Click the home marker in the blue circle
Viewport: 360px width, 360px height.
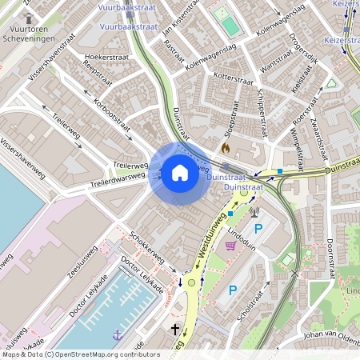coord(179,173)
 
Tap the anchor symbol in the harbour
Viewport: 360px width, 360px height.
coord(118,334)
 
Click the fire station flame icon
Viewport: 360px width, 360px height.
coord(226,148)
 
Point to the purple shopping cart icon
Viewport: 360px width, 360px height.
coord(231,245)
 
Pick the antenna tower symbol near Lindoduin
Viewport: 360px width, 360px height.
coord(255,212)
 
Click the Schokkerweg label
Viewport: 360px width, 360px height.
coord(148,249)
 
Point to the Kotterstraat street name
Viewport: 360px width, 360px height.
coord(233,80)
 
